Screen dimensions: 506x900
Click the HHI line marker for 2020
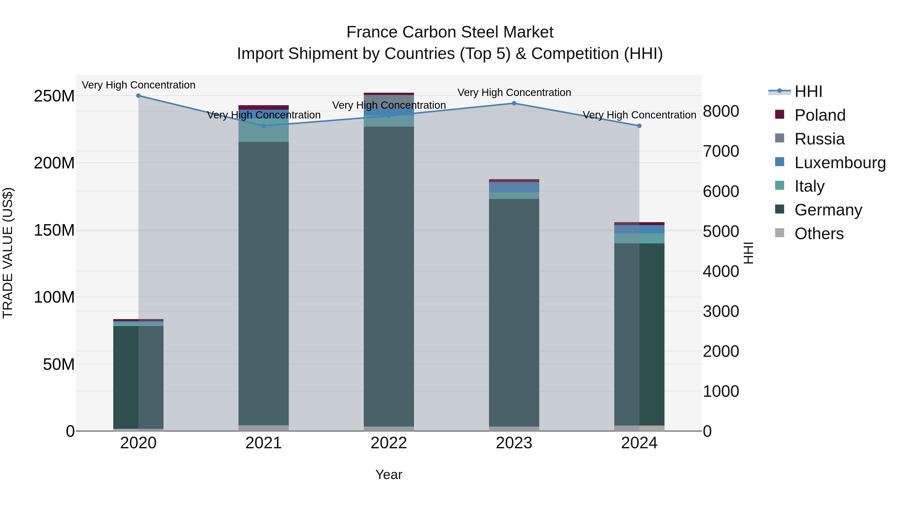pos(138,95)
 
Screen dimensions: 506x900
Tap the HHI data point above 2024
pos(639,126)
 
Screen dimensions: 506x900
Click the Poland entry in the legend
pos(820,115)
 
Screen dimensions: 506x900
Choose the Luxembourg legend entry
pos(840,163)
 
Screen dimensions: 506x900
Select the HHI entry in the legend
pos(808,91)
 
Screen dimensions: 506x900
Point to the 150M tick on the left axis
pos(54,230)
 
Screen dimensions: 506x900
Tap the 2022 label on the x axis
pos(388,443)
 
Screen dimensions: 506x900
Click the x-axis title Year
pos(388,475)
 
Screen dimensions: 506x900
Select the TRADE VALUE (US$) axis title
pos(8,253)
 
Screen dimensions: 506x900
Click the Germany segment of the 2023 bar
pos(514,311)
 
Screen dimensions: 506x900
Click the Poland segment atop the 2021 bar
pos(263,107)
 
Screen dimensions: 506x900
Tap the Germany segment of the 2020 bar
pos(138,377)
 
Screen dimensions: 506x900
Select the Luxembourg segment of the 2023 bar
pos(514,187)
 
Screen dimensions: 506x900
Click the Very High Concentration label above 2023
pos(514,92)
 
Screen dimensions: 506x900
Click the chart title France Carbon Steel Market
pos(450,32)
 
